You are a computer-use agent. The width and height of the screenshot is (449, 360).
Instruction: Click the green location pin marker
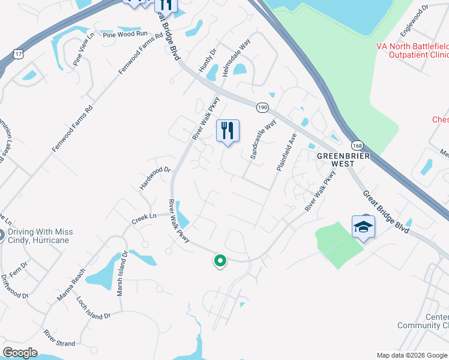point(220,260)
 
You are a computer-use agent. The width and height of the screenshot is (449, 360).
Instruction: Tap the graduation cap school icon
point(363,227)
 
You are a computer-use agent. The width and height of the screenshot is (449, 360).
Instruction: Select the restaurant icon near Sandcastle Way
point(228,131)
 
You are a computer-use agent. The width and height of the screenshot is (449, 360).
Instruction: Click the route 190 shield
point(262,107)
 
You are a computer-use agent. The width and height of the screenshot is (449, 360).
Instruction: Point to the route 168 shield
point(358,145)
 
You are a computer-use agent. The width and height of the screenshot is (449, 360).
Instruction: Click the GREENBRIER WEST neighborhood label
point(342,160)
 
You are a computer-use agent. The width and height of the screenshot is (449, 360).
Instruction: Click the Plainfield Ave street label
point(287,152)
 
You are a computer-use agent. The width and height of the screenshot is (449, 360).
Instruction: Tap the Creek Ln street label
point(144,218)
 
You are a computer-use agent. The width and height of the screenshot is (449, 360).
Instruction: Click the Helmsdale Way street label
point(236,58)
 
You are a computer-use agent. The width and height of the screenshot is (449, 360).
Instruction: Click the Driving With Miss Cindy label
point(46,236)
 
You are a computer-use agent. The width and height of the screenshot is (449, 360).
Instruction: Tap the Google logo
point(20,353)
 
